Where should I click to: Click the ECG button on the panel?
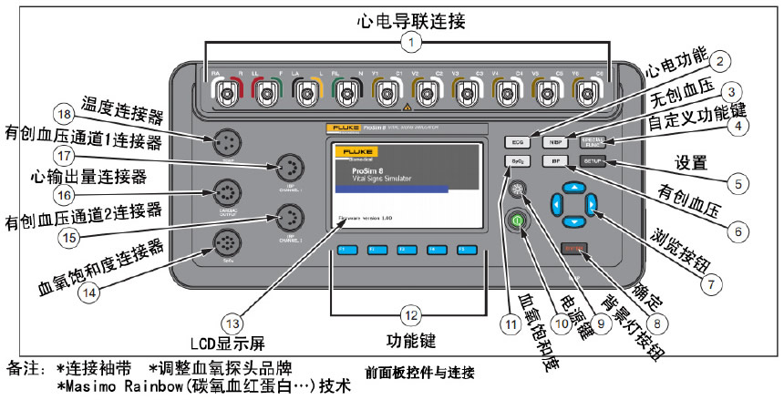click(x=517, y=143)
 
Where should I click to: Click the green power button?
click(x=518, y=221)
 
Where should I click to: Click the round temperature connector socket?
click(x=225, y=144)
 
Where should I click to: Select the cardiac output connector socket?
click(x=225, y=193)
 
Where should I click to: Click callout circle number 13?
click(x=234, y=323)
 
